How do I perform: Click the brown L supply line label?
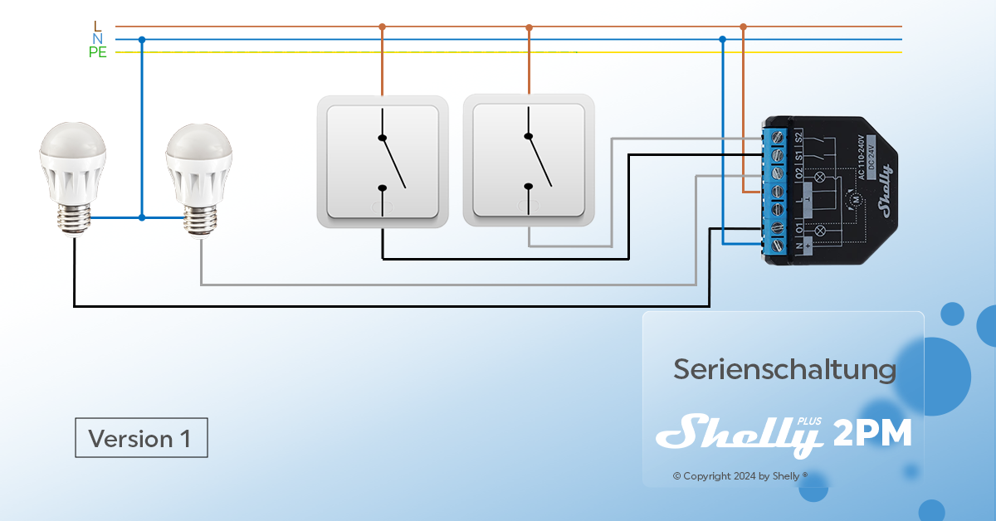98,26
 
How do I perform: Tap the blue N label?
98,39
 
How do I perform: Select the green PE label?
98,52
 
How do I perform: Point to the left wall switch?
383,162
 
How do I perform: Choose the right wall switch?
529,162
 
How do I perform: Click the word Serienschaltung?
784,369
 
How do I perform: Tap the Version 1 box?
141,438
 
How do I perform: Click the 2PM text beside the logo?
873,433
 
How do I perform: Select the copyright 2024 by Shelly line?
740,476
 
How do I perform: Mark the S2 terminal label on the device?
798,138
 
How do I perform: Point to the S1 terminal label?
798,155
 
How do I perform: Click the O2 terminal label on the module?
798,173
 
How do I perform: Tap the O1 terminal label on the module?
798,227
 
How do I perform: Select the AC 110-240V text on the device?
860,157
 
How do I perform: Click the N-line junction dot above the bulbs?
142,39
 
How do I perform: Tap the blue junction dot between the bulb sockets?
142,217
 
